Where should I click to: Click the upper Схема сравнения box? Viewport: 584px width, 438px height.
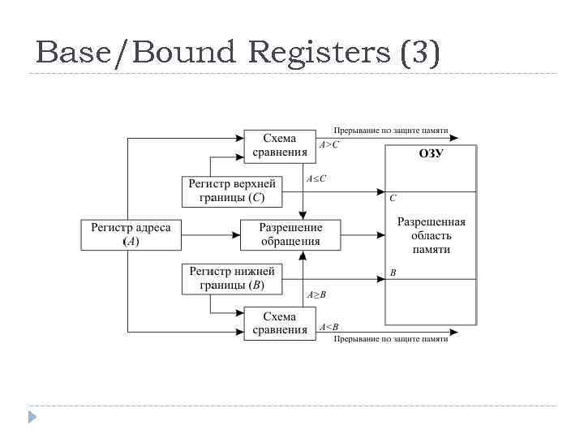280,145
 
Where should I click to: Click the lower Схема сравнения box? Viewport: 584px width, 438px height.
280,323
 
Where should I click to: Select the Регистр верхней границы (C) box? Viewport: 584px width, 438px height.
232,190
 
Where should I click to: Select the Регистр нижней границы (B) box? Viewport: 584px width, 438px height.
232,278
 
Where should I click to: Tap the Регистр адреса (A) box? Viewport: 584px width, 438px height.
131,234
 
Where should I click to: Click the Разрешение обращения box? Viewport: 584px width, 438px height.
290,234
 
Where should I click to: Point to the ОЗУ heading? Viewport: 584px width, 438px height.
431,153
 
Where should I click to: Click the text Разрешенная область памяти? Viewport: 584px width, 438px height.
431,235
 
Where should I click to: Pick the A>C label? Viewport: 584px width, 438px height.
329,144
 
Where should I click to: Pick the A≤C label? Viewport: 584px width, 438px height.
316,178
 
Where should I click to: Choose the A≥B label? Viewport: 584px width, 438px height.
316,294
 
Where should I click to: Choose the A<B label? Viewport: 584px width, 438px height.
329,327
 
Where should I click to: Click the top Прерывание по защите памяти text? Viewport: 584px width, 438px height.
391,130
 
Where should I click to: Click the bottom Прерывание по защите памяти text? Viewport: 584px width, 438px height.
391,339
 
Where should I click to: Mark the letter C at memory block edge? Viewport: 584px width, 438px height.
393,198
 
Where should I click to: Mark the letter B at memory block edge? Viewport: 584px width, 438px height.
393,273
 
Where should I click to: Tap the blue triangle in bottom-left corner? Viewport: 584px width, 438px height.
32,418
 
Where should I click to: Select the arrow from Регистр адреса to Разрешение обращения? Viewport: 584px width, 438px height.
211,234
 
